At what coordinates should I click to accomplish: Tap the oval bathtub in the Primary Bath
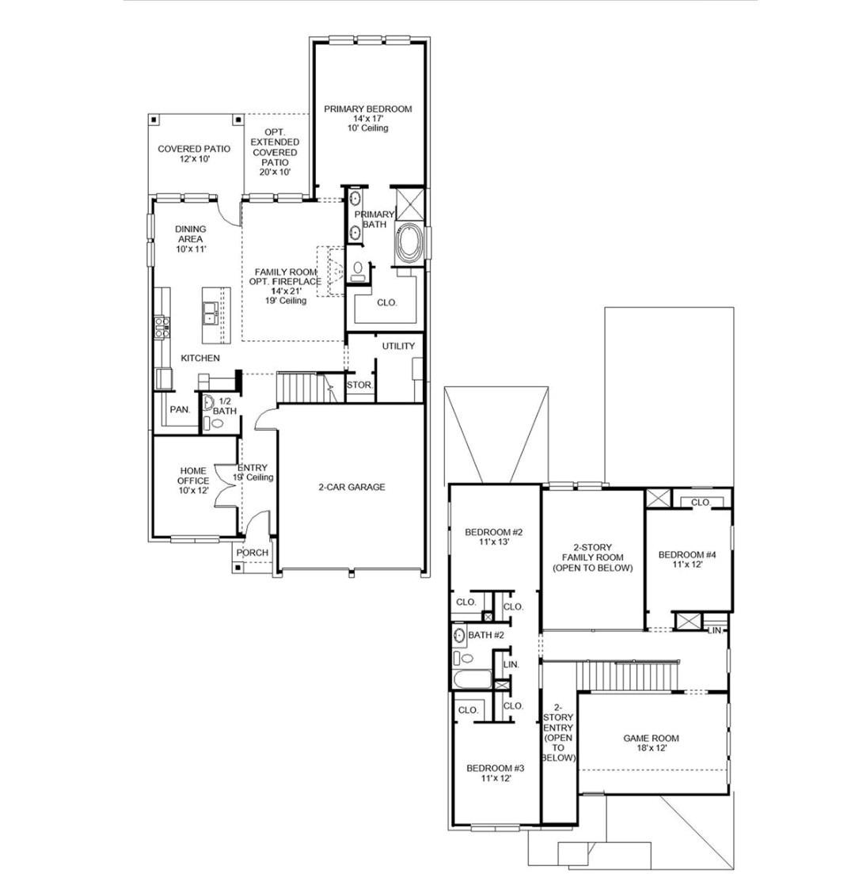tap(410, 245)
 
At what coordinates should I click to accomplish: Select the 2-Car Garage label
tap(351, 488)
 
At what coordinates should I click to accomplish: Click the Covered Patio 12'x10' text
tap(194, 154)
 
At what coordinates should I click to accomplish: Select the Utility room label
tap(398, 346)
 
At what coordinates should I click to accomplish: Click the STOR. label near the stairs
tap(359, 386)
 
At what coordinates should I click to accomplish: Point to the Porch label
tap(253, 553)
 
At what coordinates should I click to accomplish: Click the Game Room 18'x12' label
tap(651, 743)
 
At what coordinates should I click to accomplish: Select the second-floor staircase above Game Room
tap(627, 675)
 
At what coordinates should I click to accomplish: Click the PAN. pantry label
tap(180, 409)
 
